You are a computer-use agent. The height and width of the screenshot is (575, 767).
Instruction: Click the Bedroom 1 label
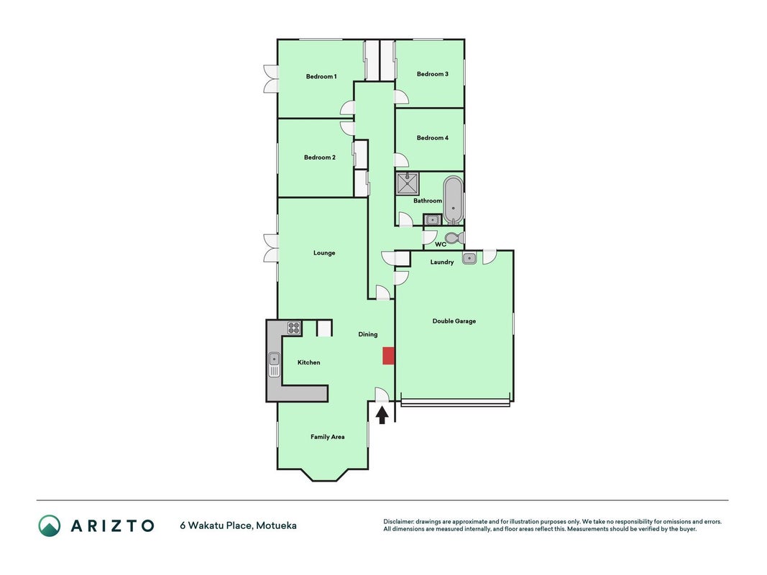point(321,76)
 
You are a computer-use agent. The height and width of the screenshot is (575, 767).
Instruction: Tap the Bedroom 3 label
point(433,74)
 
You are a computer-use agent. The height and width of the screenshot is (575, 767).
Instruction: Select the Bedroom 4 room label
point(433,138)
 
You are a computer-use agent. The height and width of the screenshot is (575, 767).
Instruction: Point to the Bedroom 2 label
point(320,157)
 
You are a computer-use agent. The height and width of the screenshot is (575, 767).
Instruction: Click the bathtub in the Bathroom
point(454,200)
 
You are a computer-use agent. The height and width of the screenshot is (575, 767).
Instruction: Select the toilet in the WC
point(454,238)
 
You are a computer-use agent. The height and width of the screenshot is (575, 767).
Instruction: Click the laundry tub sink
point(469,258)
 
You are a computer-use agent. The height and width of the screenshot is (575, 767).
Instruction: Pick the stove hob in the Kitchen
point(294,328)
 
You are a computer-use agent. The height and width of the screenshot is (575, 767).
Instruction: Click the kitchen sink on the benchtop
point(275,364)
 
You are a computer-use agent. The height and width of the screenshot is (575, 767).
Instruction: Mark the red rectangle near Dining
point(388,356)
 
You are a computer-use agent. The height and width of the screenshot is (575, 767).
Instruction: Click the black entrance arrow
point(382,415)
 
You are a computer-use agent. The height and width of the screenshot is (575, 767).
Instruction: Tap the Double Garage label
point(454,321)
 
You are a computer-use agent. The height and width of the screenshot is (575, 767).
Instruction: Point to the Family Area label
point(327,437)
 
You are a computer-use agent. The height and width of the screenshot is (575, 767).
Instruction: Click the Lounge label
point(324,253)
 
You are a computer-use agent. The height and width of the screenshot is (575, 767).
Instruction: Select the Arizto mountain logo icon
point(50,525)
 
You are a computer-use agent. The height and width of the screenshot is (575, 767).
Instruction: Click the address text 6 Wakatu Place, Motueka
point(238,525)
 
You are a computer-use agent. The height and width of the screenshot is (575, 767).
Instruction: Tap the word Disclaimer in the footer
point(399,522)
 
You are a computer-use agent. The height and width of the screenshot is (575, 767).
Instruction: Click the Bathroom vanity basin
point(432,219)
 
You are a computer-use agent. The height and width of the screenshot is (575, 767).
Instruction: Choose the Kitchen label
point(308,362)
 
